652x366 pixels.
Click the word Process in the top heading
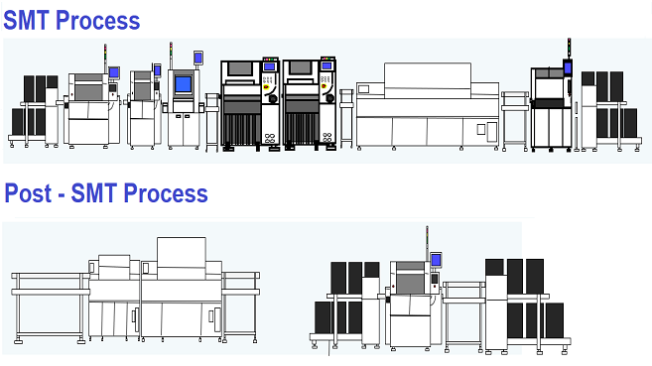pyautogui.click(x=98, y=19)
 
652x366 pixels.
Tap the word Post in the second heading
pyautogui.click(x=30, y=192)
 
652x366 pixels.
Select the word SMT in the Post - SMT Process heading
pyautogui.click(x=101, y=192)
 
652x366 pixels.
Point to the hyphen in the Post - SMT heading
pyautogui.click(x=65, y=193)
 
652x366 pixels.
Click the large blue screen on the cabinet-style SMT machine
pyautogui.click(x=184, y=82)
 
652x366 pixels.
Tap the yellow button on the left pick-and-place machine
pyautogui.click(x=267, y=98)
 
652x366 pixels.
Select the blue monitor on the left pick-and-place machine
pyautogui.click(x=269, y=66)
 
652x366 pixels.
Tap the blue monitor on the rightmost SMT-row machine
pyautogui.click(x=569, y=67)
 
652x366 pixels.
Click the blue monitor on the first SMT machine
pyautogui.click(x=114, y=71)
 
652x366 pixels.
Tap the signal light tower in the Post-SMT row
pyautogui.click(x=427, y=237)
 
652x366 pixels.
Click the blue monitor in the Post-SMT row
pyautogui.click(x=435, y=260)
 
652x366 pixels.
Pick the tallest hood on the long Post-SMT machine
pyautogui.click(x=182, y=252)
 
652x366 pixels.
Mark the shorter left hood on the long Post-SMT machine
pyautogui.click(x=113, y=262)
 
